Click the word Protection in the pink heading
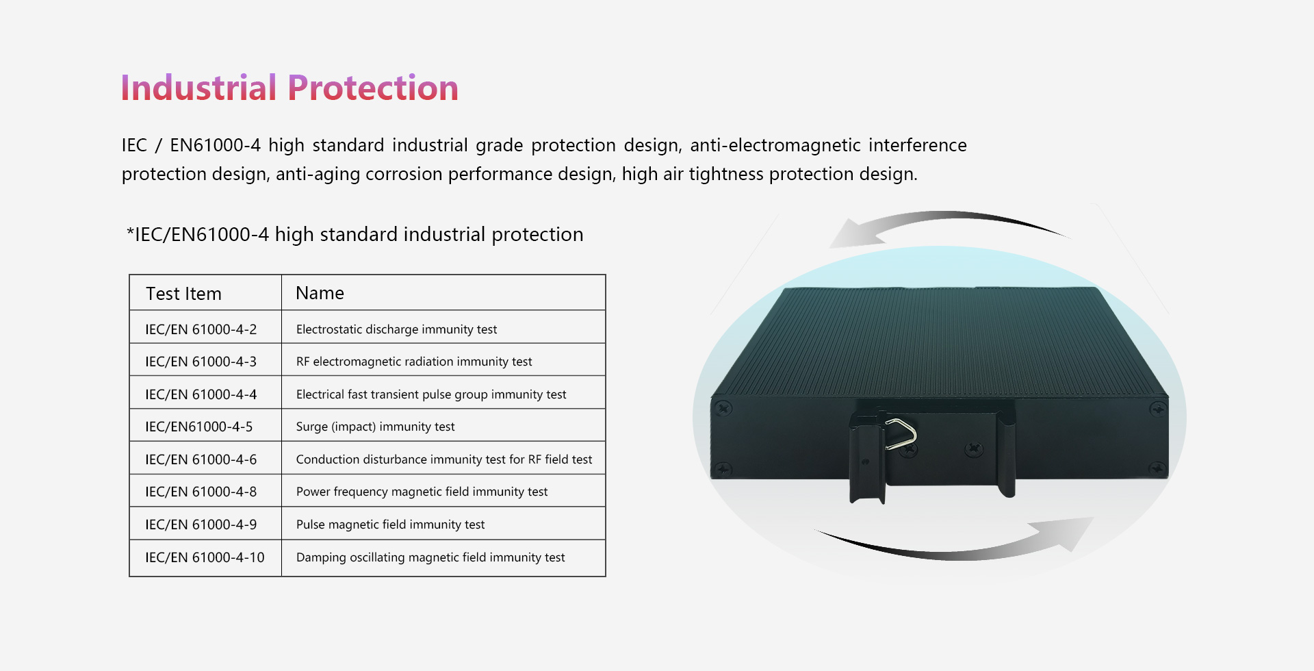pyautogui.click(x=373, y=88)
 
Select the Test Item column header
pyautogui.click(x=183, y=294)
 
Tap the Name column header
pyautogui.click(x=320, y=293)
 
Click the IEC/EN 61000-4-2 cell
pyautogui.click(x=201, y=329)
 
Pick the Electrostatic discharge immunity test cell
pyautogui.click(x=396, y=329)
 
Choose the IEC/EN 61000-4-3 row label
pyautogui.click(x=201, y=362)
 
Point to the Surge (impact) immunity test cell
pyautogui.click(x=375, y=427)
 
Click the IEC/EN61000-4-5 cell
pyautogui.click(x=198, y=427)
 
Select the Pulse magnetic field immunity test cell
pyautogui.click(x=390, y=524)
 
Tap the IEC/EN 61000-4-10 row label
pyautogui.click(x=205, y=557)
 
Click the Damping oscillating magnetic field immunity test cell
pyautogui.click(x=430, y=557)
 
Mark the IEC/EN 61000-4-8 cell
pyautogui.click(x=201, y=492)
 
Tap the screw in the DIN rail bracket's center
pyautogui.click(x=973, y=449)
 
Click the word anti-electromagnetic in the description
pyautogui.click(x=775, y=145)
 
